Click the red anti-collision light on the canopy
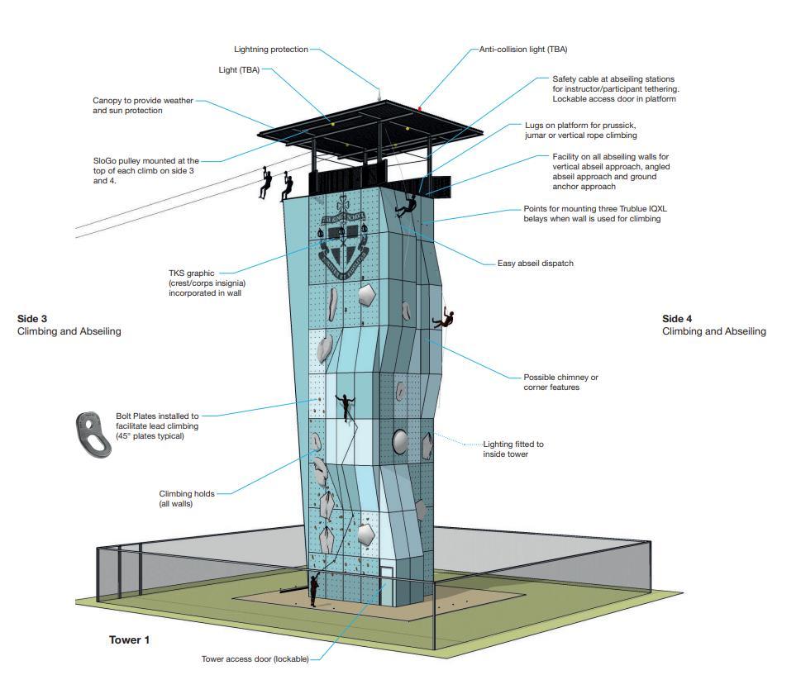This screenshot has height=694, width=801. pyautogui.click(x=420, y=108)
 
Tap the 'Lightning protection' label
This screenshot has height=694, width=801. pyautogui.click(x=270, y=50)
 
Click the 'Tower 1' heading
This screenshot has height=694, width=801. pyautogui.click(x=129, y=640)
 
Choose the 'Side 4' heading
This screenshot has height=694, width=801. pyautogui.click(x=677, y=318)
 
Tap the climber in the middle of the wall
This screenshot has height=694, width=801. pyautogui.click(x=343, y=406)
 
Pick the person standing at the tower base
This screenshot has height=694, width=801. pyautogui.click(x=314, y=588)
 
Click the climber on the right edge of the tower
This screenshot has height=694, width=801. pyautogui.click(x=447, y=319)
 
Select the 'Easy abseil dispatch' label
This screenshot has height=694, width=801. pyautogui.click(x=535, y=264)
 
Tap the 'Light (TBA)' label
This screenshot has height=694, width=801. pyautogui.click(x=239, y=70)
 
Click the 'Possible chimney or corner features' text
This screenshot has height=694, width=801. pyautogui.click(x=560, y=382)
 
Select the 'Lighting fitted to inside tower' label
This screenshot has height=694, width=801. pyautogui.click(x=513, y=449)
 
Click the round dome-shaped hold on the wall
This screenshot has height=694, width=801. pyautogui.click(x=400, y=442)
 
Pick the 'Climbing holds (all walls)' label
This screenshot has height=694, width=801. pyautogui.click(x=187, y=498)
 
